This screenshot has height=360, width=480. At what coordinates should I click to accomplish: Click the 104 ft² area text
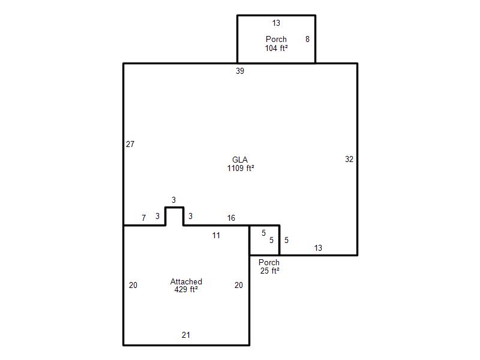coord(276,48)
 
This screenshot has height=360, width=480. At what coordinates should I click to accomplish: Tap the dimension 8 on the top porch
coord(307,39)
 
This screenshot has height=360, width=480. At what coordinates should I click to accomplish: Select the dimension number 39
coord(240,71)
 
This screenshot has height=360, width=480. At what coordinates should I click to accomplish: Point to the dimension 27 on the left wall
coord(130,144)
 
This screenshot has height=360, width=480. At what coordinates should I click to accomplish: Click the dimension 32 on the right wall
coord(349,159)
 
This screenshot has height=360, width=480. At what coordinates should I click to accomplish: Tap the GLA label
coord(240,160)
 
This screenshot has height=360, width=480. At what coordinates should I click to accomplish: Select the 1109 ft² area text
coord(241,168)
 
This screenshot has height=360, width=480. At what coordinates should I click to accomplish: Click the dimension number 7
coord(143,218)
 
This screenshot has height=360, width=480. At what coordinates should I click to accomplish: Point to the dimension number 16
coord(231,218)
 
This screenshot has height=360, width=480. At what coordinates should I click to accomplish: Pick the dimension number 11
coord(216,235)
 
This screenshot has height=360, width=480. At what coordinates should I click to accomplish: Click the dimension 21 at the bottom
coord(186,335)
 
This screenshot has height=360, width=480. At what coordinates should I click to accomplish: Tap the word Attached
coord(186,281)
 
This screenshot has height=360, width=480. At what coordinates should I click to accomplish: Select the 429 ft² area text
coord(186,289)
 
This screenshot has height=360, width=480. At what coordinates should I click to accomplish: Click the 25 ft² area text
coord(269,271)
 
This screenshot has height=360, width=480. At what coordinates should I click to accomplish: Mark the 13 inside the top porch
coord(276,23)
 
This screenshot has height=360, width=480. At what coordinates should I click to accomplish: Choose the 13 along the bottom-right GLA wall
coord(318,248)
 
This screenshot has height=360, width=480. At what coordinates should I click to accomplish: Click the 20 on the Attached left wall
coord(133,285)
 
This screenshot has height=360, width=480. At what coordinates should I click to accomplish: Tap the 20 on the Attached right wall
coord(239,285)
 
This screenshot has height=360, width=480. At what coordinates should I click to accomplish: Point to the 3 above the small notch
coord(173,200)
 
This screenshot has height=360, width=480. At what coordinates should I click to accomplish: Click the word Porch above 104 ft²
coord(276,39)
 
